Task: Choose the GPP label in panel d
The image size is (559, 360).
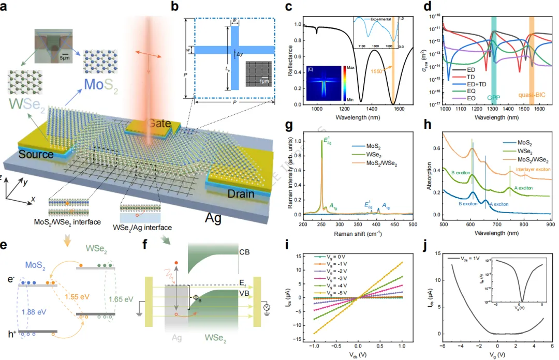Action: click(494, 96)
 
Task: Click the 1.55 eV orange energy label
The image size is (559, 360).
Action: click(77, 297)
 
